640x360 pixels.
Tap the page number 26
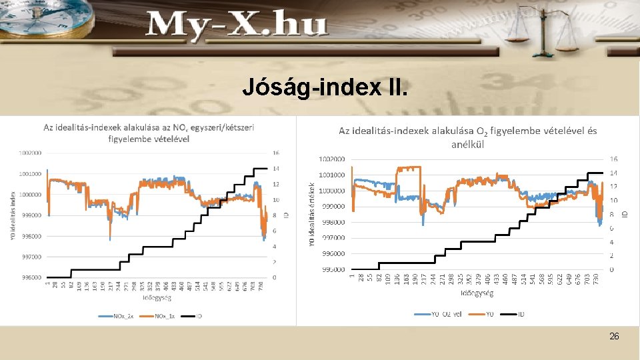tap(614, 337)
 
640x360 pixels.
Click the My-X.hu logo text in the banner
tap(237, 26)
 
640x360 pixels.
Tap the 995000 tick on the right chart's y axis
tap(332, 269)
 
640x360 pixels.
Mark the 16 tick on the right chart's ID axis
tap(613, 159)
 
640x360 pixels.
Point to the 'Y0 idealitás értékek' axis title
tap(311, 214)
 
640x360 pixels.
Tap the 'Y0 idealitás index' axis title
tap(12, 215)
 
